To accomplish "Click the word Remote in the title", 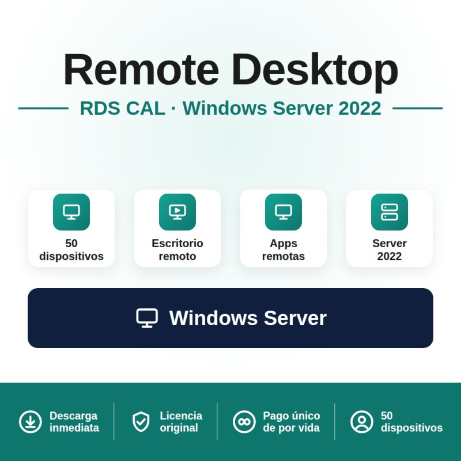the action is click(x=141, y=69).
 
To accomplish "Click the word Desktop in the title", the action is click(x=315, y=71).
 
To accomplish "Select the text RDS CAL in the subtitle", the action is click(x=122, y=108).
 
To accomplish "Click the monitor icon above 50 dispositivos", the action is click(x=71, y=212).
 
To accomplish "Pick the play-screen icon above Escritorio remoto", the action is click(x=177, y=212).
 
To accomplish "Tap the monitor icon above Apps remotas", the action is click(x=284, y=212).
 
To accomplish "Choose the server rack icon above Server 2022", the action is click(x=390, y=212).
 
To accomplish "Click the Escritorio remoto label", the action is click(x=177, y=250).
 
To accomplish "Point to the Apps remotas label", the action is click(x=284, y=250).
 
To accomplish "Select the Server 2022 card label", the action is click(x=390, y=250).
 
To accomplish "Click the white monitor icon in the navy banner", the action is click(x=147, y=318).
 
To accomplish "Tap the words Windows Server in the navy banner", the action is click(x=248, y=318).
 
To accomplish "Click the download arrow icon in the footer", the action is click(x=31, y=422).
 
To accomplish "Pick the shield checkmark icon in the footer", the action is click(x=141, y=422).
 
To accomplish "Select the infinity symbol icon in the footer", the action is click(x=244, y=422).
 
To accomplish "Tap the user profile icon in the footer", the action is click(x=362, y=422).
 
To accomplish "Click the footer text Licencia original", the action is click(x=181, y=422).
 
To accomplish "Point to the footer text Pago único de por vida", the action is click(x=292, y=422).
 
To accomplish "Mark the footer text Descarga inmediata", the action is click(x=74, y=422).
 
